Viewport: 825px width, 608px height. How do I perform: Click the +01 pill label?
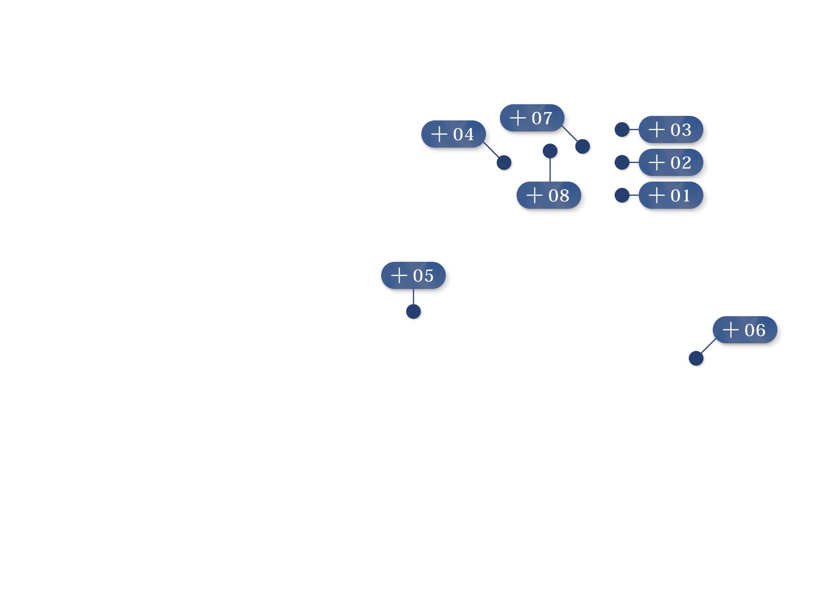671,195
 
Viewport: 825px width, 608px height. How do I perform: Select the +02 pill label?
671,162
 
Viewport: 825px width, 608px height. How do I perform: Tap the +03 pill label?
671,129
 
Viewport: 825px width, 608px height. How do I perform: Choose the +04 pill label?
454,134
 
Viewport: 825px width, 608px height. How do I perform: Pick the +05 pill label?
413,276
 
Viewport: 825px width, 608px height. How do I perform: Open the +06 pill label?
745,330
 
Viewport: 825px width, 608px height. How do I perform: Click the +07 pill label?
532,118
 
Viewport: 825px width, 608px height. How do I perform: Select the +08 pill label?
549,195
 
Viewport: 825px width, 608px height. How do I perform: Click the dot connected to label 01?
622,195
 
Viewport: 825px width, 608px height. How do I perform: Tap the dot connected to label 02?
622,162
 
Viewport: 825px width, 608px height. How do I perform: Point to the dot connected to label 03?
622,129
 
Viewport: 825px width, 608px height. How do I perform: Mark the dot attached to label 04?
504,163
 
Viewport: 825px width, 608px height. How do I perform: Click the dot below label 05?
413,311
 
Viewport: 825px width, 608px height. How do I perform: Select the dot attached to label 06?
696,358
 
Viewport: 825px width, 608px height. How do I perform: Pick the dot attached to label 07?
582,146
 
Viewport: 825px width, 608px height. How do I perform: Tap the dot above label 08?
550,151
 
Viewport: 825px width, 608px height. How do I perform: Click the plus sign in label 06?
731,330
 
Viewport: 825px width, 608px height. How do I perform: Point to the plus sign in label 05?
399,276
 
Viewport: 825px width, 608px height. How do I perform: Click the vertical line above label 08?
550,170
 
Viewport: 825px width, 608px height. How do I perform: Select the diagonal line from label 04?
491,150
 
